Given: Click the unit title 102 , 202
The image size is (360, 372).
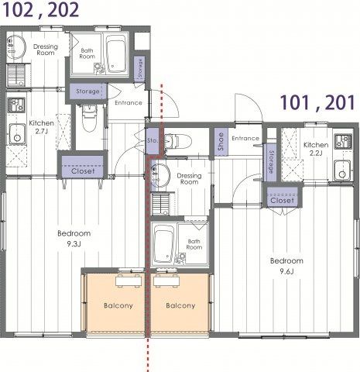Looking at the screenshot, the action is pyautogui.click(x=41, y=10).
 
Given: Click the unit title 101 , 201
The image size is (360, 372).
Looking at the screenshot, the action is pyautogui.click(x=318, y=102).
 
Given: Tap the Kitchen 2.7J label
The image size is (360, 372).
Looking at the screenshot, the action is pyautogui.click(x=41, y=127).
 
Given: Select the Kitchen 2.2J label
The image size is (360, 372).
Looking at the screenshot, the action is pyautogui.click(x=316, y=149).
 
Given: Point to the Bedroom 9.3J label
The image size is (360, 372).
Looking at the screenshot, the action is pyautogui.click(x=74, y=239).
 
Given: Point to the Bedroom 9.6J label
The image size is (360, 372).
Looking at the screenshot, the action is pyautogui.click(x=286, y=266).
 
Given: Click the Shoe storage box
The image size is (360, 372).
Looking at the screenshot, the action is pyautogui.click(x=221, y=142).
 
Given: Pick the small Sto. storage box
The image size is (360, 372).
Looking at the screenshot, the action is pyautogui.click(x=152, y=141).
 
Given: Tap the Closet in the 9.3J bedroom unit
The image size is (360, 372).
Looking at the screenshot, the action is pyautogui.click(x=83, y=167).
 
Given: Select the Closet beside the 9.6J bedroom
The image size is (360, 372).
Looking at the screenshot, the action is pyautogui.click(x=283, y=197).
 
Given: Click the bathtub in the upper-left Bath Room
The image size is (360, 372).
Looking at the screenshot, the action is pyautogui.click(x=115, y=53).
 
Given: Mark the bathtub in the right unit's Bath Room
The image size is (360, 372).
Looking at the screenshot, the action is pyautogui.click(x=164, y=244).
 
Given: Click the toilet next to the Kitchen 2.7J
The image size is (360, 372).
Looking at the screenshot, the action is pyautogui.click(x=89, y=118).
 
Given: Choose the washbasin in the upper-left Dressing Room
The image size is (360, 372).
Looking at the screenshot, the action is pyautogui.click(x=16, y=47).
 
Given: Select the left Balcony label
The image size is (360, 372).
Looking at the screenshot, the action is pyautogui.click(x=118, y=305).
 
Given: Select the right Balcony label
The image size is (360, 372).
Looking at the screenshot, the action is pyautogui.click(x=180, y=305).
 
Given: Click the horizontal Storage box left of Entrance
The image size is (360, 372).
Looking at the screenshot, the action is pyautogui.click(x=87, y=91).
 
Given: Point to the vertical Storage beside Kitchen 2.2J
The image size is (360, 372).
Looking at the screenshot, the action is pyautogui.click(x=270, y=162).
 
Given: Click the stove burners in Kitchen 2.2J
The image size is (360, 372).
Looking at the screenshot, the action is pyautogui.click(x=343, y=142).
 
